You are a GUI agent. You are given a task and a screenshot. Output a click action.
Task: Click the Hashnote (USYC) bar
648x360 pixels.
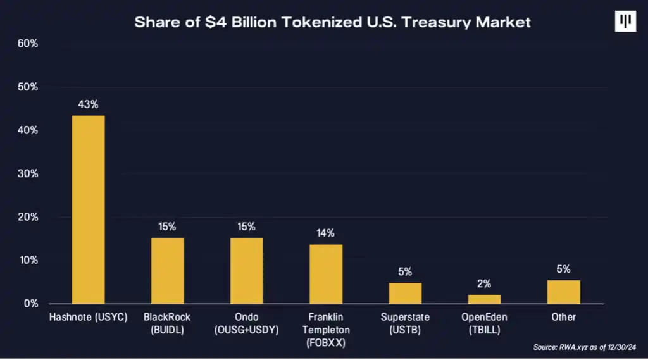click(89, 209)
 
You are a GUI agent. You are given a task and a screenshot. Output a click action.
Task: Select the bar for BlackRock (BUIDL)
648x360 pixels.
click(168, 271)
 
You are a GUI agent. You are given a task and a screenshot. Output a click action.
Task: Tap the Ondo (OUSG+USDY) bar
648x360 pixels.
click(247, 271)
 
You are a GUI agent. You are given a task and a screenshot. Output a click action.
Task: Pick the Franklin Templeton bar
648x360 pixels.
click(326, 274)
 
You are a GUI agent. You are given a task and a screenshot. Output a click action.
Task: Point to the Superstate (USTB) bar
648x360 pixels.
click(405, 293)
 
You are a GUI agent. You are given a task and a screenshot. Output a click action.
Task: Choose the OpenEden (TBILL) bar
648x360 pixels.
click(484, 299)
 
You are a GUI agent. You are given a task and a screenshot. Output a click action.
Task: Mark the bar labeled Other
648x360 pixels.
click(563, 292)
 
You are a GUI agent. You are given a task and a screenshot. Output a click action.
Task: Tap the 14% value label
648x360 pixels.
click(326, 233)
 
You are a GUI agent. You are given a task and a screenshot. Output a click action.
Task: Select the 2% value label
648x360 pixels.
click(484, 284)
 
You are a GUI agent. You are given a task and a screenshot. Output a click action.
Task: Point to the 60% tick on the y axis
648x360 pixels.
click(28, 44)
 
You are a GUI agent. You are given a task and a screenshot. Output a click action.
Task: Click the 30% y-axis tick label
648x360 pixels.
click(28, 173)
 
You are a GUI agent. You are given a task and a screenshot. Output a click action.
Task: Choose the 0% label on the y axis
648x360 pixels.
click(30, 304)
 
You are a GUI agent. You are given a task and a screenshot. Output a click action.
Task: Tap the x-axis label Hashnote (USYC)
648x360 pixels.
click(89, 316)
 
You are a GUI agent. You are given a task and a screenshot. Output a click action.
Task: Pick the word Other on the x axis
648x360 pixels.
click(563, 316)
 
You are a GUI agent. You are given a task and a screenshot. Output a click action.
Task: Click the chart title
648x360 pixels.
click(332, 22)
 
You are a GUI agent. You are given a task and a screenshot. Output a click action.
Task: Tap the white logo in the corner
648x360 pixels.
click(625, 22)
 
